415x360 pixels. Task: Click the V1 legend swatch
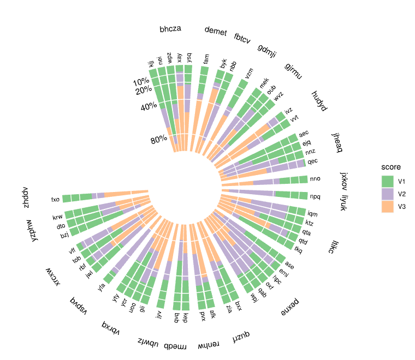[387, 181]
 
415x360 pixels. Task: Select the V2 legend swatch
[387, 194]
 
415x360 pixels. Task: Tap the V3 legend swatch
[387, 207]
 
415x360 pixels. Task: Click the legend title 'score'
[391, 167]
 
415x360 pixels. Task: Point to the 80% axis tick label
[159, 140]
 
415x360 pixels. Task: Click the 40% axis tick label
[149, 107]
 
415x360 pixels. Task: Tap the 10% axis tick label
[142, 82]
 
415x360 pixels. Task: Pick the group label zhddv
[25, 199]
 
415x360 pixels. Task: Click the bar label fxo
[55, 199]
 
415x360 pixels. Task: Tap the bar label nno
[315, 179]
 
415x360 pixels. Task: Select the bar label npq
[315, 196]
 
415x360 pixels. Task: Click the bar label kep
[185, 317]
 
